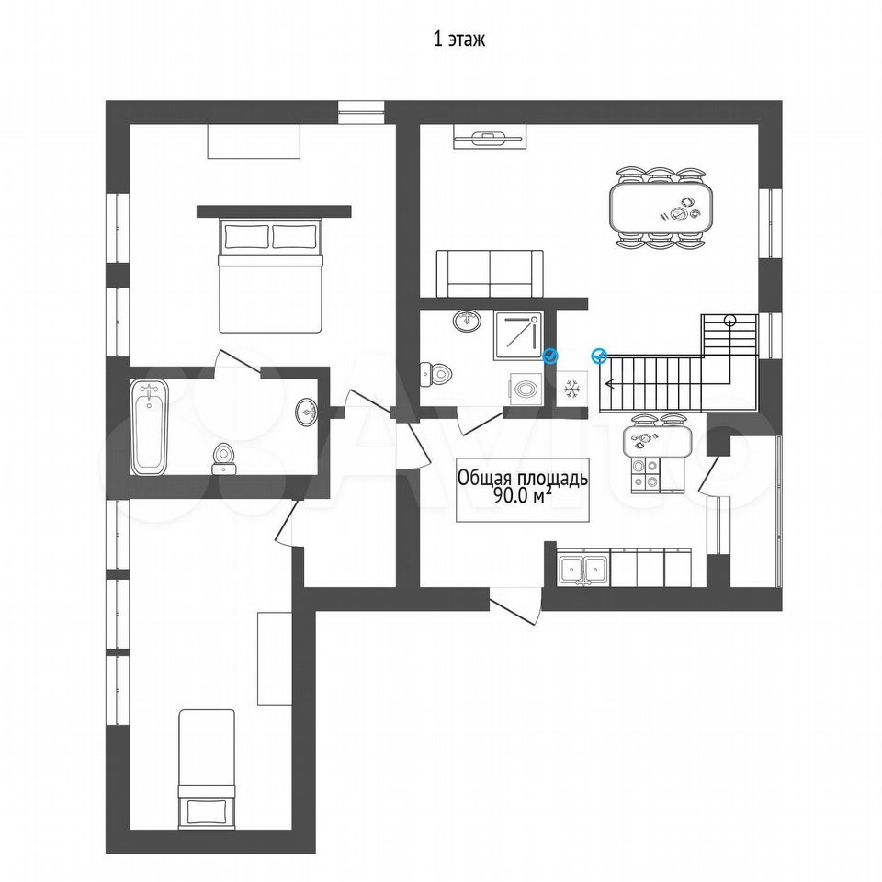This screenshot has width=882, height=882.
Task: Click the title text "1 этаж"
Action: [x=458, y=40]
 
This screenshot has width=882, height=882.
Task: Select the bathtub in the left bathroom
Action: [x=149, y=427]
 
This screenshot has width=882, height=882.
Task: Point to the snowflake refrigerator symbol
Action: [x=572, y=389]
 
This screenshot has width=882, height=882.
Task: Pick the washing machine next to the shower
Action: [x=526, y=389]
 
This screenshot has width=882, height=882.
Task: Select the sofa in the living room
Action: [x=490, y=274]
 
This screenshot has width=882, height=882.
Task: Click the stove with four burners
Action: [x=645, y=474]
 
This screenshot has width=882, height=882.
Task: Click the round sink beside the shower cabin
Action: [x=467, y=321]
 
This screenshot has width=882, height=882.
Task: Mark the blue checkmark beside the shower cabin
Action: [x=550, y=356]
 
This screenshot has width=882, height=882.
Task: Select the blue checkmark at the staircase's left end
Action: [x=600, y=356]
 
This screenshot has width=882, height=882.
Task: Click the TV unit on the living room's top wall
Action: [x=491, y=137]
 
